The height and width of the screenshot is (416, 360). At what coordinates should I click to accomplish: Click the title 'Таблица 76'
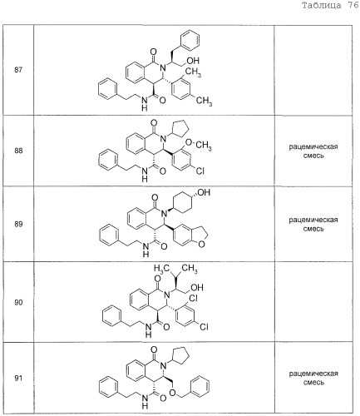[x=330, y=6]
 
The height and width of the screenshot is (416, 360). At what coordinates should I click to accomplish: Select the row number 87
[x=18, y=70]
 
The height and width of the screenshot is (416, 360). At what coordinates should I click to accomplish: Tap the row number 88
[x=18, y=151]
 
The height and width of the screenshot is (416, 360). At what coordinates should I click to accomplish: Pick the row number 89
[x=18, y=224]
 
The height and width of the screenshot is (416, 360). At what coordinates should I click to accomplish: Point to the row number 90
[x=18, y=302]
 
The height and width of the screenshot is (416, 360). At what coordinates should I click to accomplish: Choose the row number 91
[x=18, y=378]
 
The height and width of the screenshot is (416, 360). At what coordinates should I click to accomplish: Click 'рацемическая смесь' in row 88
[x=313, y=151]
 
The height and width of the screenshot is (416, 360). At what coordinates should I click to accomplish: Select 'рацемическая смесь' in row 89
[x=313, y=225]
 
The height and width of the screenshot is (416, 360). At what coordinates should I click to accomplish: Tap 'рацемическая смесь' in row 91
[x=313, y=378]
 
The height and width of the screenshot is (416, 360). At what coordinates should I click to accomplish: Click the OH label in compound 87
[x=193, y=61]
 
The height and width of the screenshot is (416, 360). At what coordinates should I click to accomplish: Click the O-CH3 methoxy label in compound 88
[x=198, y=144]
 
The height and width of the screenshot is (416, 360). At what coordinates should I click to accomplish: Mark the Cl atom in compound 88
[x=200, y=171]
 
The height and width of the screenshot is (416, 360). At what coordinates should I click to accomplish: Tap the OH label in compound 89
[x=204, y=192]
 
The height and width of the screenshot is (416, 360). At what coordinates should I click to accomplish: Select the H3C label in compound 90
[x=162, y=269]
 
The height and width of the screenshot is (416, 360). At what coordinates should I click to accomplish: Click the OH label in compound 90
[x=197, y=287]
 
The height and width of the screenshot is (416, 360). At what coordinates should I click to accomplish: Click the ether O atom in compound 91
[x=172, y=392]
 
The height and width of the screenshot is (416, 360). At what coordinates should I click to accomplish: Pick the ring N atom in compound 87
[x=163, y=67]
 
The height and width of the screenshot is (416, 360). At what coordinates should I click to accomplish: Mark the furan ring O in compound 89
[x=202, y=245]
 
